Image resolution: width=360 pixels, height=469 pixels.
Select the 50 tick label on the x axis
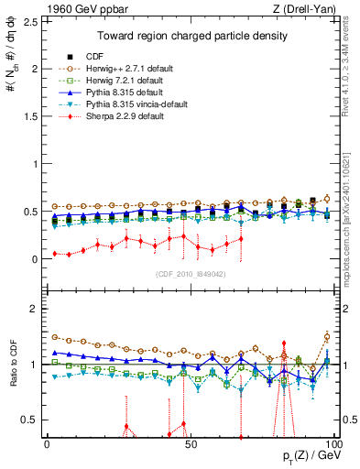coord(190,443)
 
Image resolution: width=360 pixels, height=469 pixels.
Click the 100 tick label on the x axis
coord(333,443)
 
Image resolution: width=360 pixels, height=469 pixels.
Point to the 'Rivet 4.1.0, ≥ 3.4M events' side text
coord(352,69)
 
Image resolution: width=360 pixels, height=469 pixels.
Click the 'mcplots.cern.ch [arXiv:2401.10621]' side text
coord(352,206)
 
